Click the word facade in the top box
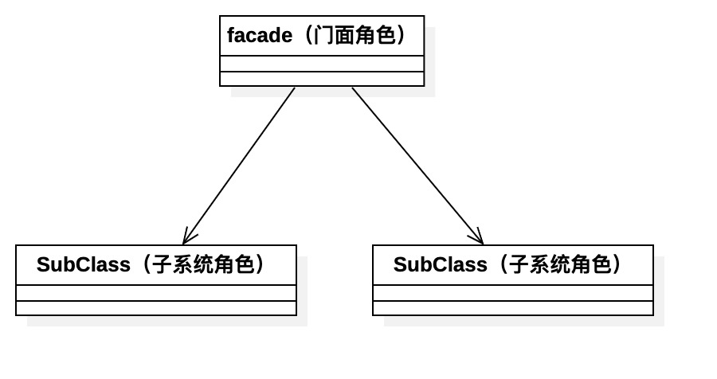(259, 36)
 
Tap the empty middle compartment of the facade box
(322, 64)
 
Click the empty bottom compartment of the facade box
(322, 79)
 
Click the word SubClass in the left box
(83, 265)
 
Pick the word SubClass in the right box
(440, 265)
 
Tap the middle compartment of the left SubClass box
(156, 293)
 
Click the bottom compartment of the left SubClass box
(156, 308)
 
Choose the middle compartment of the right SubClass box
(513, 293)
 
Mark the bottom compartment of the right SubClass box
(513, 308)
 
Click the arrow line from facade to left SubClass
(239, 166)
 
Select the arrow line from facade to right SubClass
(417, 166)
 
